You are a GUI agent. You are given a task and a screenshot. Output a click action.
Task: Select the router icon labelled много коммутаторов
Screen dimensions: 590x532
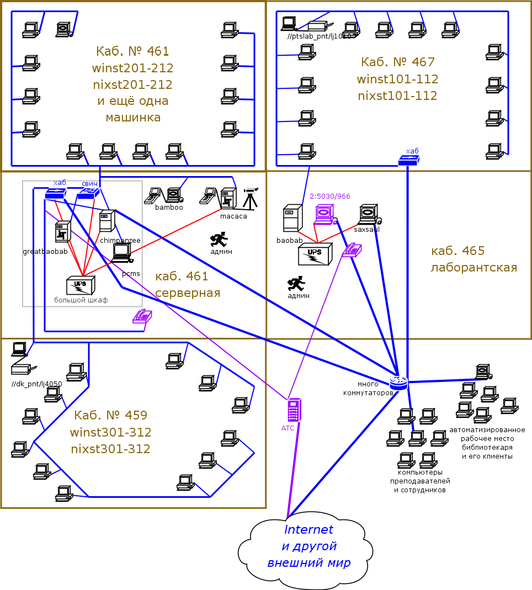click(398, 382)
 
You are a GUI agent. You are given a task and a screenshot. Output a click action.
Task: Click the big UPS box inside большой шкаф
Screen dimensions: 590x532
click(80, 285)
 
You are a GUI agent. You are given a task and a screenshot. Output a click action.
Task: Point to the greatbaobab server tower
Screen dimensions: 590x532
click(63, 232)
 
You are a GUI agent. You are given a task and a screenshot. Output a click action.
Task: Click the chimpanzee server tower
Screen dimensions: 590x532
click(107, 221)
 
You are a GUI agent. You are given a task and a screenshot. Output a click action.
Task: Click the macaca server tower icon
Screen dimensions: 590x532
click(228, 200)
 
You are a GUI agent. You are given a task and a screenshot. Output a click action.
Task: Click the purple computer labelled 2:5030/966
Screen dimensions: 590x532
click(324, 214)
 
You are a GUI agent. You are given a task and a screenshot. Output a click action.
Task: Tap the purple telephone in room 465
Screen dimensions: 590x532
click(352, 250)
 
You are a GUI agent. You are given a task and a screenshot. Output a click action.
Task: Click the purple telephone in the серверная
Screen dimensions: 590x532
click(142, 316)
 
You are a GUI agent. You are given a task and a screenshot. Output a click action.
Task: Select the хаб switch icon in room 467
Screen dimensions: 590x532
click(409, 161)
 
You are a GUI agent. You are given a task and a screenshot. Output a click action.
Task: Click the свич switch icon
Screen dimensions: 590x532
click(88, 193)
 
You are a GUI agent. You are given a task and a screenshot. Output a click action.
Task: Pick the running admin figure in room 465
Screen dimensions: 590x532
click(296, 284)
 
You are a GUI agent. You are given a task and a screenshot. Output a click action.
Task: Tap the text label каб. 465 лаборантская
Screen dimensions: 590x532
click(474, 259)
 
